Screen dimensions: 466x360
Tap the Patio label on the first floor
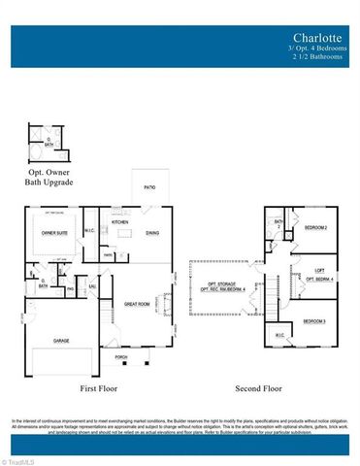(x=149, y=186)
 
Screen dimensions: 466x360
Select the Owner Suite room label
(x=52, y=233)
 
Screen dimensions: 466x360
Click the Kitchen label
(x=120, y=222)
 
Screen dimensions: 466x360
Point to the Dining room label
(x=152, y=233)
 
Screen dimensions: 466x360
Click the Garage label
(x=61, y=342)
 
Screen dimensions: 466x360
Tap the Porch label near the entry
(x=121, y=357)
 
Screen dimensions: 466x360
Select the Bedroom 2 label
(x=315, y=228)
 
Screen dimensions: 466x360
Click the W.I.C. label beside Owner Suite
(x=90, y=231)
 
